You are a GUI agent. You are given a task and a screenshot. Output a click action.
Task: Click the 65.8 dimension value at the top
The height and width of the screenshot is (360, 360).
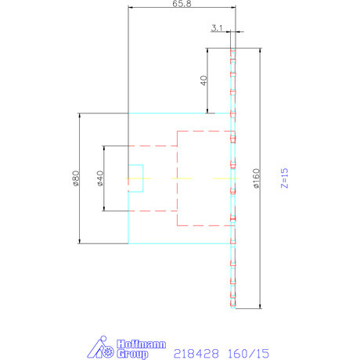coord(181,4)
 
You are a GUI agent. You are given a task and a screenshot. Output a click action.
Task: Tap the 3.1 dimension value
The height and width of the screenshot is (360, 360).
coord(218,28)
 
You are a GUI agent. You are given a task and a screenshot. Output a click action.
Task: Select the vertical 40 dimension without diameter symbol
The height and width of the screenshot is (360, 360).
coord(203,81)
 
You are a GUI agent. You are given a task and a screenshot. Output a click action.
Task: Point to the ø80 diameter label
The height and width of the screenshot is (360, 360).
coord(76,178)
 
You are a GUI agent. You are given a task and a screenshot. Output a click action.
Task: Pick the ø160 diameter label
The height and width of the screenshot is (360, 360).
coord(256,178)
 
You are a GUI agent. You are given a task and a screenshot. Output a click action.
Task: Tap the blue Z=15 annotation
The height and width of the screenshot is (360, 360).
coord(284,178)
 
